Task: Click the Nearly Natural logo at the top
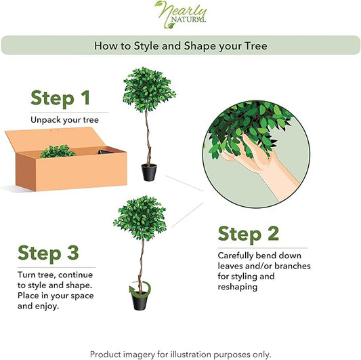click(x=180, y=16)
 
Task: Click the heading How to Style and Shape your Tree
click(x=180, y=45)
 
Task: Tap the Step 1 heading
click(x=60, y=97)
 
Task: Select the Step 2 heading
click(x=249, y=234)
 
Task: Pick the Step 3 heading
click(x=49, y=253)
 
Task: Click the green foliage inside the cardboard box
click(x=58, y=151)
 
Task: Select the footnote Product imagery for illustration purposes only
click(x=180, y=354)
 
